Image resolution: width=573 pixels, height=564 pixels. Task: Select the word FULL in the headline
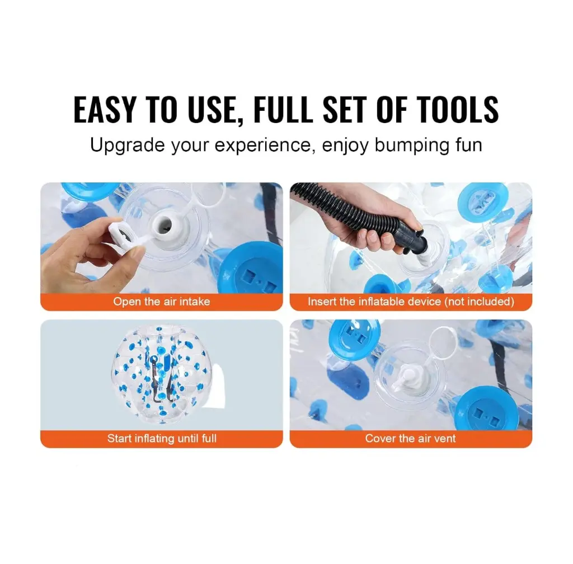coord(283,109)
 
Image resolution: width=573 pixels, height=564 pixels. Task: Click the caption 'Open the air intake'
coord(162,302)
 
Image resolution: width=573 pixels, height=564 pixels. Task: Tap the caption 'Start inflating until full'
coord(162,438)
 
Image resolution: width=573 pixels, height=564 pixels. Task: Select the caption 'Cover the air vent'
coord(410,438)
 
